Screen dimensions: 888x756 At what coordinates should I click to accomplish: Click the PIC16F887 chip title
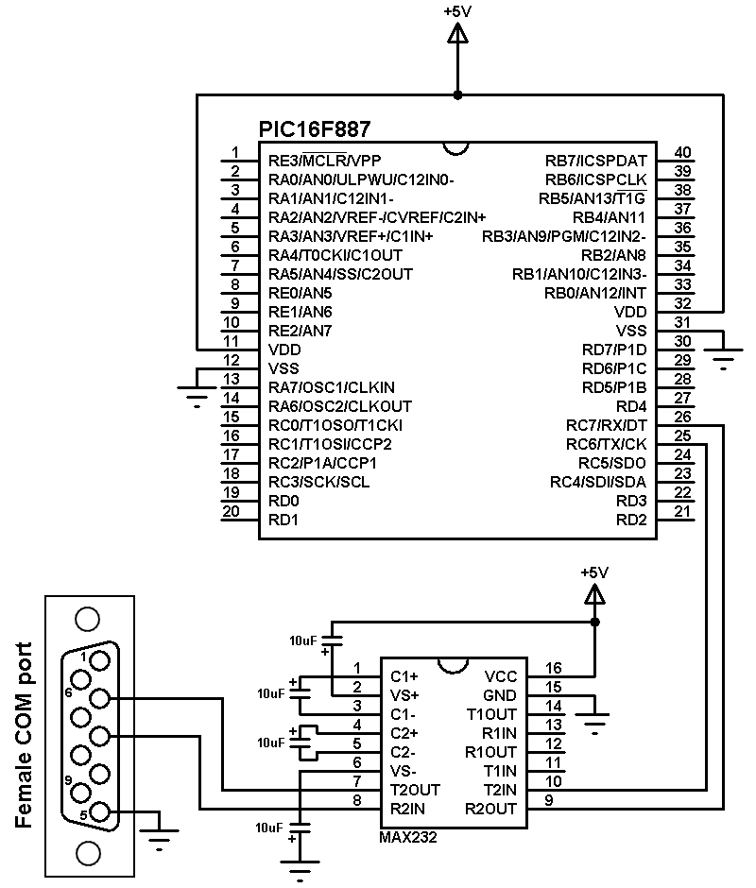point(315,128)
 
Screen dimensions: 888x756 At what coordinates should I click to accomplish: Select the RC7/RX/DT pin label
point(607,425)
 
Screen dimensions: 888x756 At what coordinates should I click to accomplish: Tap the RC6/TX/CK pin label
point(607,444)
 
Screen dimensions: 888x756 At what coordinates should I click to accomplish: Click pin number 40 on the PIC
point(682,153)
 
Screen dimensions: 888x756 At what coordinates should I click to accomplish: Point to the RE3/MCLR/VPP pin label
point(326,161)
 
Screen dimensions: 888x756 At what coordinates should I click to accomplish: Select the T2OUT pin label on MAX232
point(415,790)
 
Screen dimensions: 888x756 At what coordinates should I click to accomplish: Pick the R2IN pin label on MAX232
point(408,809)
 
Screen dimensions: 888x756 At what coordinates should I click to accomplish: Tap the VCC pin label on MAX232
point(501,676)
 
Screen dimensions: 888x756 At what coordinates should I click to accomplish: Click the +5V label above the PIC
point(458,12)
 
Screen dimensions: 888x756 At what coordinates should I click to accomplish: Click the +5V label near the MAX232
point(593,572)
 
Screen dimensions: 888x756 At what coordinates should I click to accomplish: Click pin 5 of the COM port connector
point(100,812)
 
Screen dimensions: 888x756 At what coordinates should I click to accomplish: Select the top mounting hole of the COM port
point(87,619)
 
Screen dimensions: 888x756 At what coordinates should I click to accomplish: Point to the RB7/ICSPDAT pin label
point(596,161)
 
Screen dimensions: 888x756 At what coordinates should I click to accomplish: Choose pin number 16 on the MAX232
point(553,669)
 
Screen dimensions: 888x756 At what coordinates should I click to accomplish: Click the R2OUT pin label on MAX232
point(491,809)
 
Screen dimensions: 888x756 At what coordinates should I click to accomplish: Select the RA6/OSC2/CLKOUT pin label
point(340,406)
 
